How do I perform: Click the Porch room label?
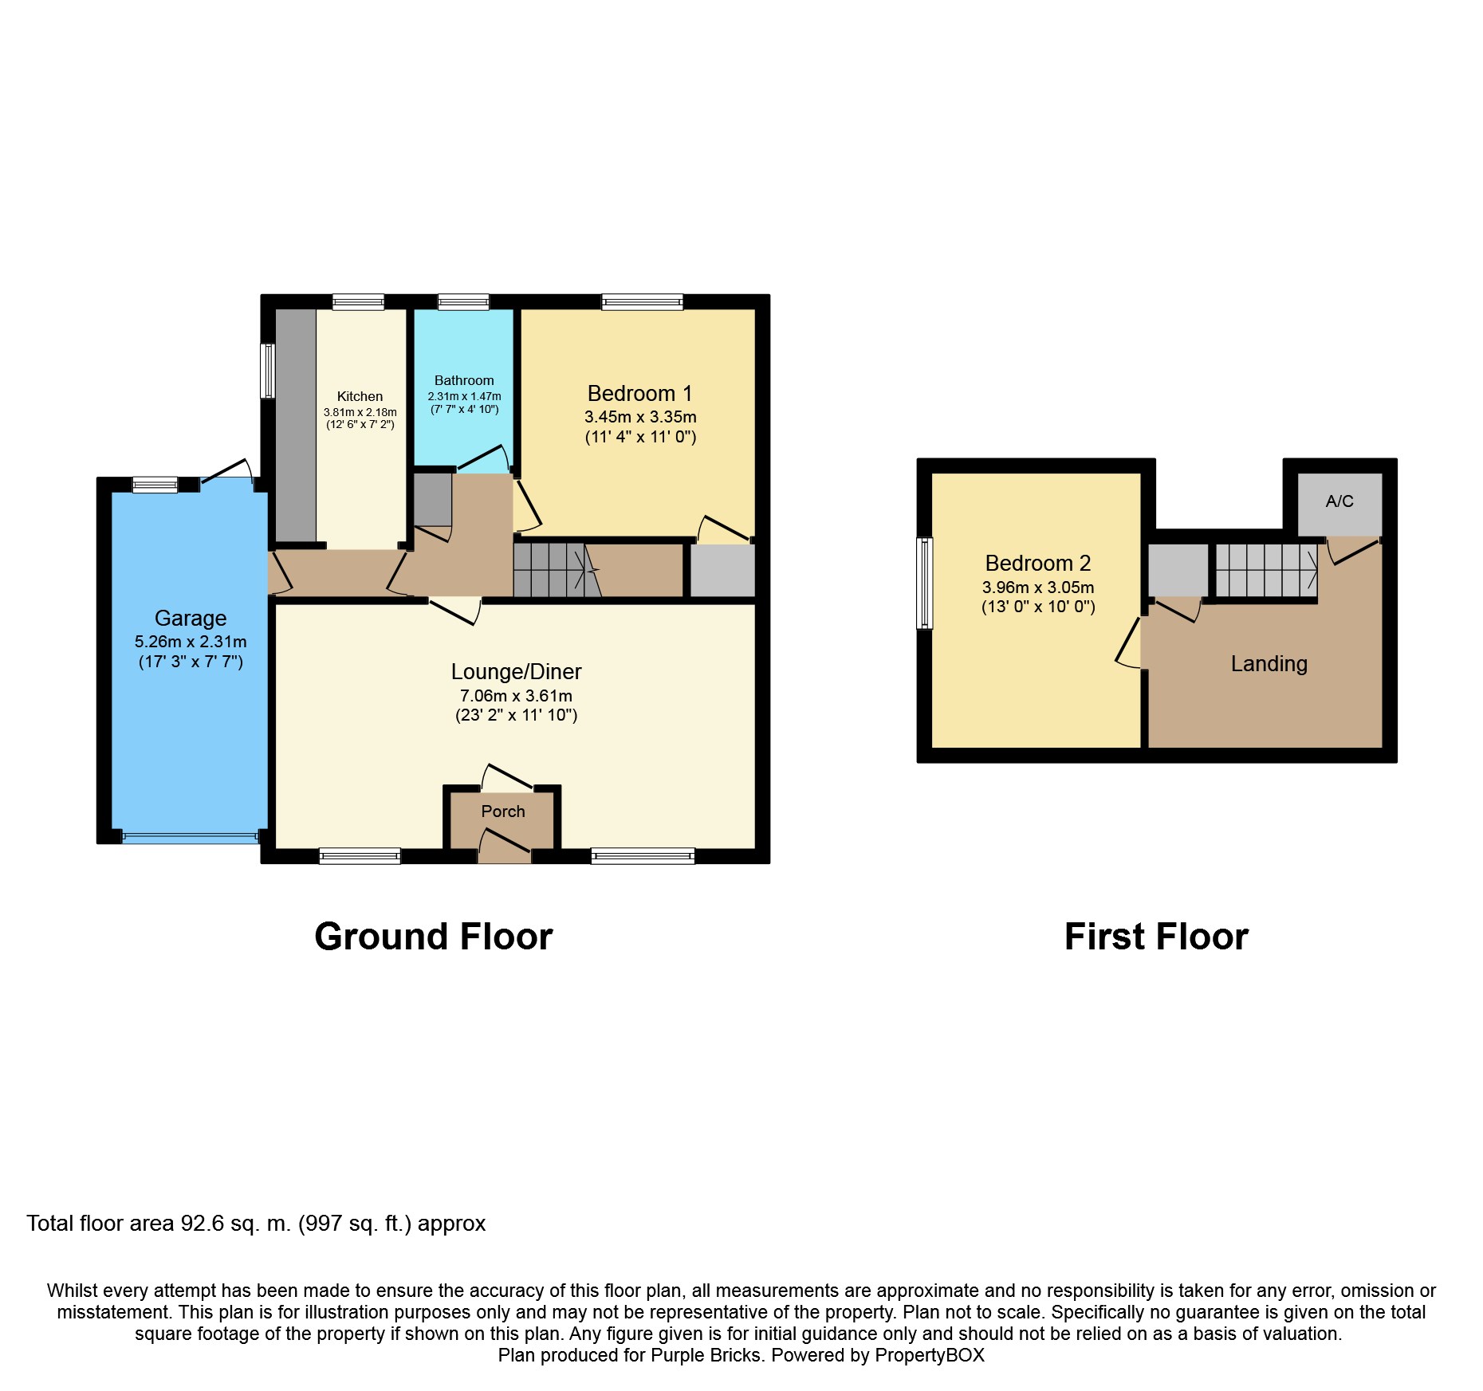click(x=503, y=811)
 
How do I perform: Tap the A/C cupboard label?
click(x=1339, y=501)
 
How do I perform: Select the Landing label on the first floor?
click(x=1269, y=664)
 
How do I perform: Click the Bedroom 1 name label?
click(x=639, y=394)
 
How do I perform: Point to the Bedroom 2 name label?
click(x=1038, y=564)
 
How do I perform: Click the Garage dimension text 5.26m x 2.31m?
click(x=191, y=642)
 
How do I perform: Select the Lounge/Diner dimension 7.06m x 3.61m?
click(x=516, y=696)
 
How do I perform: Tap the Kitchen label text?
click(x=360, y=396)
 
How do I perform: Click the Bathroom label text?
click(x=464, y=381)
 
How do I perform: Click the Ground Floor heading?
click(x=434, y=937)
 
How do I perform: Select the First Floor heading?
click(x=1157, y=937)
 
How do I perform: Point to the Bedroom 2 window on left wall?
click(x=925, y=584)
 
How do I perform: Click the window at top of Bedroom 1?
click(x=643, y=302)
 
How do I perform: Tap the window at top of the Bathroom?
click(x=463, y=302)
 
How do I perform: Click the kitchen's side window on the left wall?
click(x=269, y=371)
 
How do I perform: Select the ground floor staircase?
click(x=557, y=570)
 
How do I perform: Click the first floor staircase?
click(x=1266, y=570)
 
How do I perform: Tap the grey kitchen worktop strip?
click(x=296, y=426)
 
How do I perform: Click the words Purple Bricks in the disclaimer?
click(x=706, y=1355)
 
